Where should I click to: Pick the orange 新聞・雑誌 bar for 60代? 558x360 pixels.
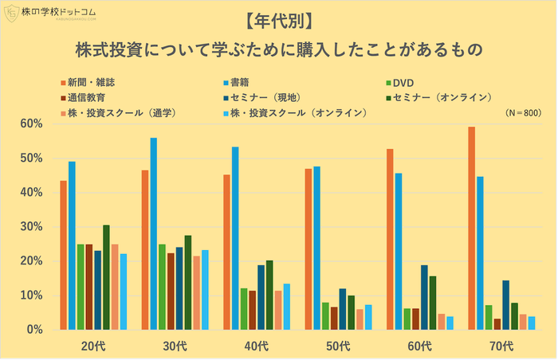coord(390,239)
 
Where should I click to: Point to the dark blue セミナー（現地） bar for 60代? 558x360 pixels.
coord(424,297)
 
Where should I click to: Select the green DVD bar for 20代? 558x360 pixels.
coord(81,287)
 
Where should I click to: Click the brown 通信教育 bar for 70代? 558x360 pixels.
coord(497,324)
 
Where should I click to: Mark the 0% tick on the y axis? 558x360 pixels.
coord(33,330)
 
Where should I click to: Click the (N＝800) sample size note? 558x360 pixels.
coord(523,113)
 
